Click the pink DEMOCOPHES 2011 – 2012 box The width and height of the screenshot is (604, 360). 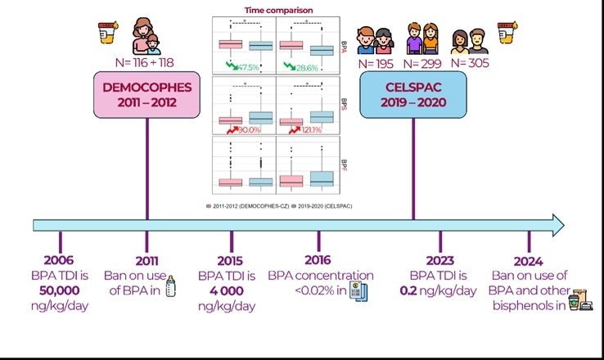[x=147, y=97]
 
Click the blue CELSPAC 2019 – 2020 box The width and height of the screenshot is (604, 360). [x=413, y=97]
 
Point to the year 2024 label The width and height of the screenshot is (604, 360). [x=528, y=261]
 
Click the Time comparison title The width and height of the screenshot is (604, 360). [x=278, y=11]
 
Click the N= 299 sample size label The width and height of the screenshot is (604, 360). [x=424, y=62]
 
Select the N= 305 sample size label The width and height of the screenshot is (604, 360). [x=476, y=62]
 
